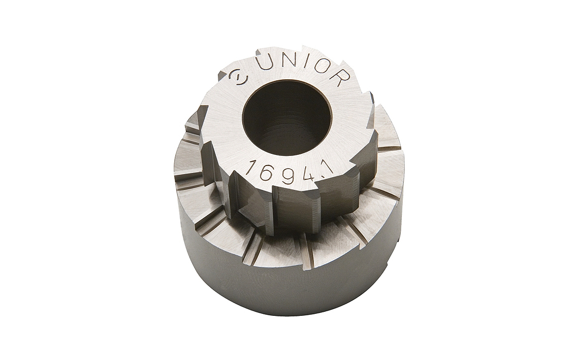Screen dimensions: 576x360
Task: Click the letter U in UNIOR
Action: tap(265, 62)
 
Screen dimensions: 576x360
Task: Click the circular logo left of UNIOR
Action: tap(237, 78)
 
